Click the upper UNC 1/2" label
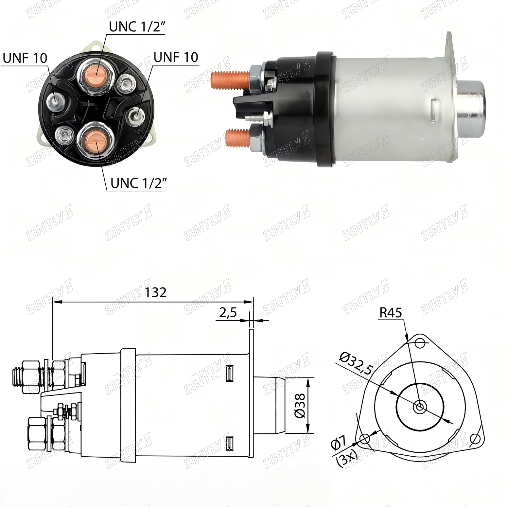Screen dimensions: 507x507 136,27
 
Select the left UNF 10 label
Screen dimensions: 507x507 25,58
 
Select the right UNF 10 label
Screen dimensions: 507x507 176,57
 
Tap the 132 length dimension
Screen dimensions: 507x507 156,292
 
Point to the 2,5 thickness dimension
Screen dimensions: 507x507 228,313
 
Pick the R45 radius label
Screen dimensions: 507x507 391,313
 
